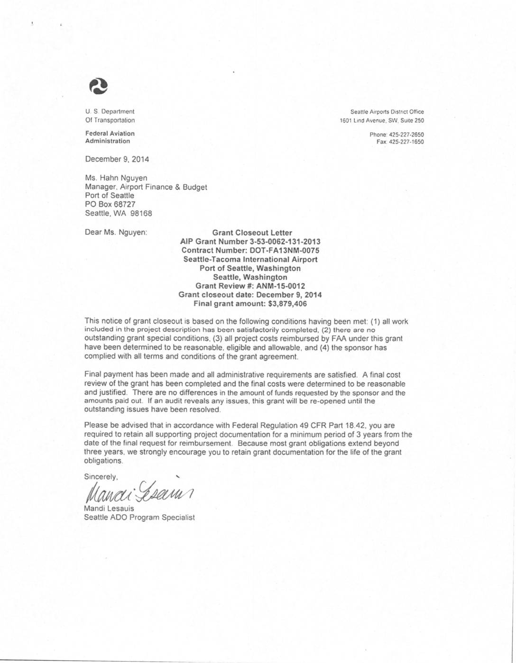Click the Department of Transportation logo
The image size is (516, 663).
pyautogui.click(x=99, y=86)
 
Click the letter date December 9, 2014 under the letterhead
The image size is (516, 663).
pyautogui.click(x=117, y=159)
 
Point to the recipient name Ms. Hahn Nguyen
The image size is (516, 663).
pyautogui.click(x=116, y=178)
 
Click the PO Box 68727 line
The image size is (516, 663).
pyautogui.click(x=110, y=204)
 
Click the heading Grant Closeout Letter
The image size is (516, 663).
pyautogui.click(x=252, y=233)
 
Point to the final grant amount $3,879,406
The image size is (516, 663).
pyautogui.click(x=284, y=303)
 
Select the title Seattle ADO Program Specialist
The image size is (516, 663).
pyautogui.click(x=139, y=518)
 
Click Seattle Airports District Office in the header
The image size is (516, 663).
pyautogui.click(x=387, y=112)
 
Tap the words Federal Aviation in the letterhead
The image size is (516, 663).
pyautogui.click(x=110, y=134)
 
